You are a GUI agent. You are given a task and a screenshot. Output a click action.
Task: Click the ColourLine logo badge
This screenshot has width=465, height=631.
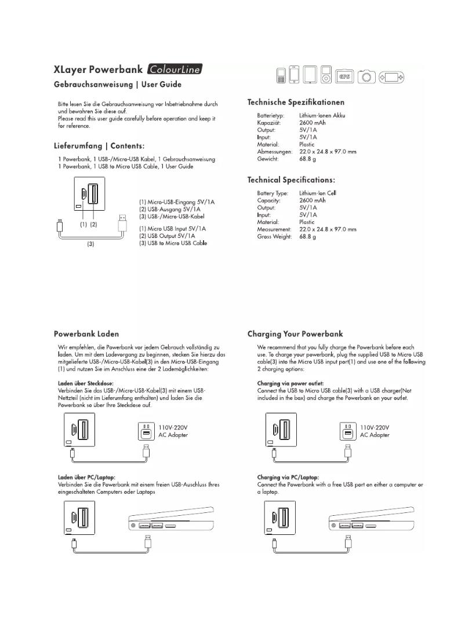[x=175, y=71]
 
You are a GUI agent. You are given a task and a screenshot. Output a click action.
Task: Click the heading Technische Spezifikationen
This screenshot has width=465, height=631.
[x=296, y=102]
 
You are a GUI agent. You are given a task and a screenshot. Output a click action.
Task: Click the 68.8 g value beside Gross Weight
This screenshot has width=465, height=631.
[x=307, y=236]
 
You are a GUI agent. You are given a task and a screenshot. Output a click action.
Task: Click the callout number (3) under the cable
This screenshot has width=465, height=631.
[x=90, y=245]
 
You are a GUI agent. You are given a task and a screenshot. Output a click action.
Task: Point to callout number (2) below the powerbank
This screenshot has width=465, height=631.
[x=93, y=223]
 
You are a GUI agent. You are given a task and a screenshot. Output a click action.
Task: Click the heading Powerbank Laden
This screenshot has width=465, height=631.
[x=86, y=334]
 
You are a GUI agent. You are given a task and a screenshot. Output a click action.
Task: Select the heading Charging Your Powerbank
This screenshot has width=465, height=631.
[x=295, y=334]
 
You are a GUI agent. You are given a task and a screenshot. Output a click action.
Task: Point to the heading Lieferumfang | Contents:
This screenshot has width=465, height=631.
[x=99, y=145]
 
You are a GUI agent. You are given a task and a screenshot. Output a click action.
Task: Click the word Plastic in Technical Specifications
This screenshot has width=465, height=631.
[x=307, y=222]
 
